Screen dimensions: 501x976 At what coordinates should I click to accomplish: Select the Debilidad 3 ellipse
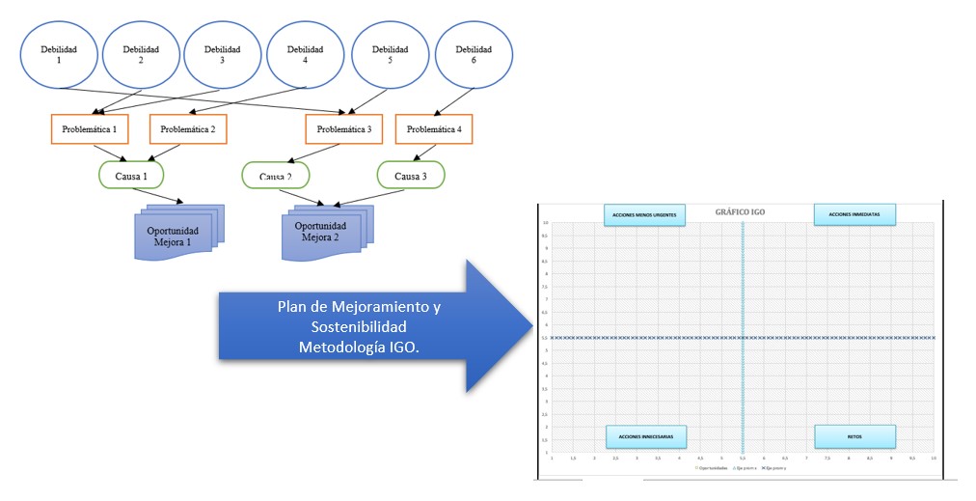[224, 54]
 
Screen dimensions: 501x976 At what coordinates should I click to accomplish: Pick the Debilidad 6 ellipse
[474, 54]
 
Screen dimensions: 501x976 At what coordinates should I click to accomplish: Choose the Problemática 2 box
[187, 128]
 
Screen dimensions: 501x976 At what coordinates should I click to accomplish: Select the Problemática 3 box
[343, 128]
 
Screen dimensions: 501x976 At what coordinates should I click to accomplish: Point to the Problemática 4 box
[434, 128]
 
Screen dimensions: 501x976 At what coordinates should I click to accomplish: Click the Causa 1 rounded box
[131, 175]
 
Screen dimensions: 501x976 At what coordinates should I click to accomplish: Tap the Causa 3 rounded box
[410, 175]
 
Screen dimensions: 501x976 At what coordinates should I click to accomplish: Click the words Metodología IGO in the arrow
[359, 346]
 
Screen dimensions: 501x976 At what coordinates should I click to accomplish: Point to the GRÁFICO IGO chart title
[740, 211]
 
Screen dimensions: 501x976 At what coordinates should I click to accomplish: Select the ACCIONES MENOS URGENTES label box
[644, 213]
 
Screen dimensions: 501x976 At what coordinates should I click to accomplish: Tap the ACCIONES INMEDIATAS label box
[854, 213]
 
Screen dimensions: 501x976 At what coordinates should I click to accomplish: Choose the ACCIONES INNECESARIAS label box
[646, 436]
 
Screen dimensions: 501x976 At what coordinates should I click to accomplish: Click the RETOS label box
[854, 436]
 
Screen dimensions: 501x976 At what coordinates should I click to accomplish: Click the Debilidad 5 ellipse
[391, 54]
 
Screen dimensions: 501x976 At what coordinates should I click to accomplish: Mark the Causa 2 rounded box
[275, 176]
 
